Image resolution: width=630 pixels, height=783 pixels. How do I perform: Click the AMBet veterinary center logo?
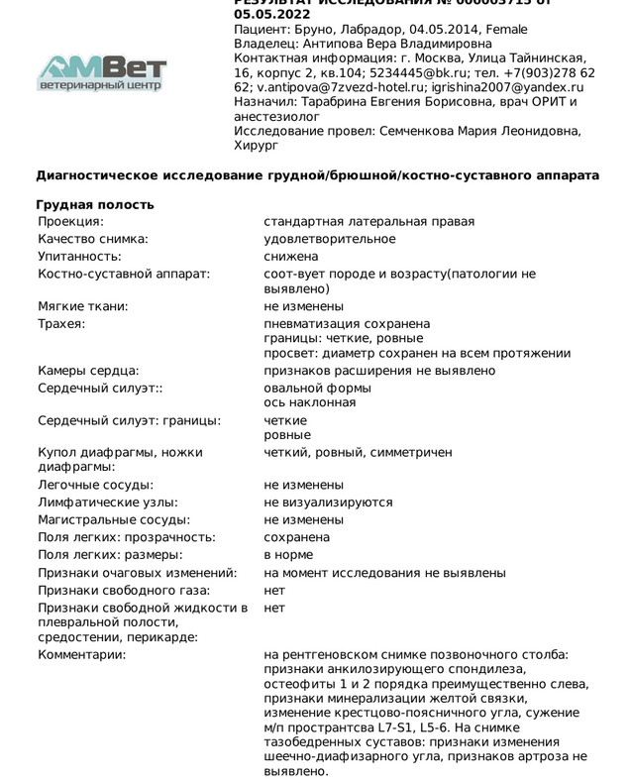102,72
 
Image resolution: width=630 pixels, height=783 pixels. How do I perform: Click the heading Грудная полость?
95,205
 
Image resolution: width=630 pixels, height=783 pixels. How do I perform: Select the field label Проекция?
70,222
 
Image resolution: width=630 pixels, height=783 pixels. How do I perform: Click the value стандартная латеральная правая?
368,222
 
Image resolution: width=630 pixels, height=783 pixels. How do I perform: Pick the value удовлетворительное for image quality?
330,239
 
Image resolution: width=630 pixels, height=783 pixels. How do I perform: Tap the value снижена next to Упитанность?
291,256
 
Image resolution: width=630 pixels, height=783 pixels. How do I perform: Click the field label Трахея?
61,324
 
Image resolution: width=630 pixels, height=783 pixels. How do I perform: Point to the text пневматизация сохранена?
347,324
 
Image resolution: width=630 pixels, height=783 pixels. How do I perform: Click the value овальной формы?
317,389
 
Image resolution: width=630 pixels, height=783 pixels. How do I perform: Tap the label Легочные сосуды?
95,486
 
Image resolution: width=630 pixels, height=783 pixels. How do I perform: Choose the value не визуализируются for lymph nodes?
329,503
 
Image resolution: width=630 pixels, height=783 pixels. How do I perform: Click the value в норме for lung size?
288,555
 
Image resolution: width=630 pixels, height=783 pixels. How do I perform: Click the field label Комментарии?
82,655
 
